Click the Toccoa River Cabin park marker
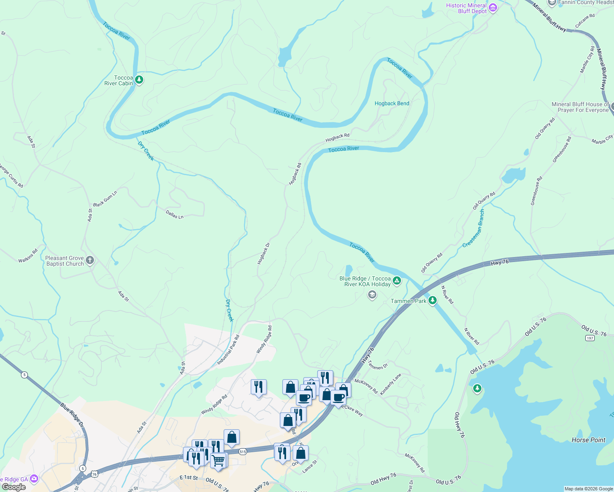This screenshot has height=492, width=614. [139, 80]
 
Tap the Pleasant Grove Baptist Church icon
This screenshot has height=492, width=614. [90, 260]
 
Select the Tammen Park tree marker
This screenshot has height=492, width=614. [432, 301]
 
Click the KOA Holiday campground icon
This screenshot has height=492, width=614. [396, 281]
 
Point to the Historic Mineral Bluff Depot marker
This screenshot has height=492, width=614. [493, 7]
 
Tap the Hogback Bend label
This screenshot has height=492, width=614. [392, 103]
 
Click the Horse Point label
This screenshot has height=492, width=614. [588, 440]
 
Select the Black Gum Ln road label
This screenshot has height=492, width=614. [105, 198]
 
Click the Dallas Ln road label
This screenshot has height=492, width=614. [174, 214]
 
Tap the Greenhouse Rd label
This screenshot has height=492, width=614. [536, 191]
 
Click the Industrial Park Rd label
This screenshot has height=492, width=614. [228, 350]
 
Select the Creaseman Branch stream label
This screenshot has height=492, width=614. [474, 228]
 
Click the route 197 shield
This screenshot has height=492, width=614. [590, 338]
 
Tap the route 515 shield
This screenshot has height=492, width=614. [243, 451]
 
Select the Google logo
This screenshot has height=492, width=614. [14, 487]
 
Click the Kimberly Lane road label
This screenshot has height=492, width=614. [390, 385]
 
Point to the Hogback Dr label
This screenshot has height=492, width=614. [263, 253]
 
